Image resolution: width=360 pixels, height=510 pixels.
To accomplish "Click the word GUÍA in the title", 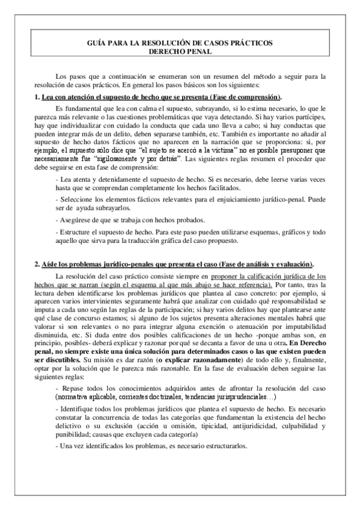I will (x=99, y=44).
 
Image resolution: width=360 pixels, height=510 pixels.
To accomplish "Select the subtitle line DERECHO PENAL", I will (x=180, y=52).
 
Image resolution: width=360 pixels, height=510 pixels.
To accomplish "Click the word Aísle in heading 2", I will (x=50, y=265).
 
